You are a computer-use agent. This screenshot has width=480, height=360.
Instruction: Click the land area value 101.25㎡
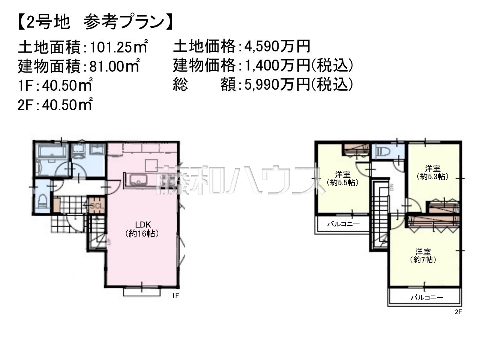pyautogui.click(x=118, y=46)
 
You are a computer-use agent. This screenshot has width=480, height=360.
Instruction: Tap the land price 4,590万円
pyautogui.click(x=277, y=46)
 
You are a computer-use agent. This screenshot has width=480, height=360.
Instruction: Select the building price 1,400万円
pyautogui.click(x=277, y=65)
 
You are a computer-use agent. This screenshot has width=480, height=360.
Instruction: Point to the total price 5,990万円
pyautogui.click(x=277, y=84)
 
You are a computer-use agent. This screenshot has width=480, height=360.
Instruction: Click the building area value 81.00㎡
pyautogui.click(x=114, y=66)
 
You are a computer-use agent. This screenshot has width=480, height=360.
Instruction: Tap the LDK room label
pyautogui.click(x=143, y=225)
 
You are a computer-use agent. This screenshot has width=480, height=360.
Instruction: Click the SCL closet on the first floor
pyautogui.click(x=97, y=205)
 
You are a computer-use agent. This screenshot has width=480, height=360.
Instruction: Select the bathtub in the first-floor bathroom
pyautogui.click(x=52, y=151)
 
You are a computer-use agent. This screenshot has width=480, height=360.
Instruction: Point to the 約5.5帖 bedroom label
pyautogui.click(x=343, y=183)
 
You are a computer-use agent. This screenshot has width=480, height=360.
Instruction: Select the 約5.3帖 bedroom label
pyautogui.click(x=433, y=176)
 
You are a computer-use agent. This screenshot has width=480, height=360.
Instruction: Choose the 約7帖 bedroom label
pyautogui.click(x=423, y=259)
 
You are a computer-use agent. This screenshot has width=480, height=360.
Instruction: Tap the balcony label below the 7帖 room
pyautogui.click(x=427, y=297)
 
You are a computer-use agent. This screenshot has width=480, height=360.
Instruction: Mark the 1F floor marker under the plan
pyautogui.click(x=175, y=296)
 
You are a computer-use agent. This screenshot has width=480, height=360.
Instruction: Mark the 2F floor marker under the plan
pyautogui.click(x=458, y=312)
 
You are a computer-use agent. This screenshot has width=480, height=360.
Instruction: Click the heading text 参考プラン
pyautogui.click(x=124, y=22)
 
